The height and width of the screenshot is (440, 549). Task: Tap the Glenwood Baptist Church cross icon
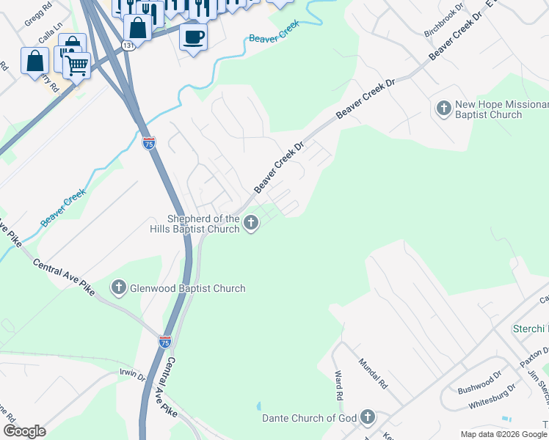119,287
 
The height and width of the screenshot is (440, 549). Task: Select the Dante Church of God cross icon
367,418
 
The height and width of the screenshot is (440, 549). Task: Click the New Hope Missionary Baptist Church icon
443,109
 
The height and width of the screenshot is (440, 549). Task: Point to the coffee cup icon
193,36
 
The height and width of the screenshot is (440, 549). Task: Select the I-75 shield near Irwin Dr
165,341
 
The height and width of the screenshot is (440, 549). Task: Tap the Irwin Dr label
133,375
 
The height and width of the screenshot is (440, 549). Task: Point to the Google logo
24,431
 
